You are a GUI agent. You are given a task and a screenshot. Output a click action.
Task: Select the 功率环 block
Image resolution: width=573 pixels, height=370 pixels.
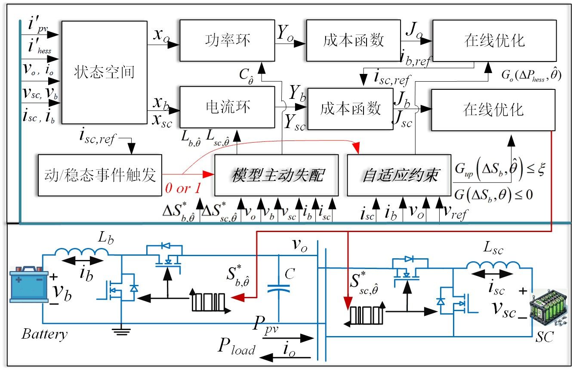click(x=227, y=41)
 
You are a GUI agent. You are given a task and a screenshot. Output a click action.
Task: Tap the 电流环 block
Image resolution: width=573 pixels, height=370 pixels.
click(x=227, y=107)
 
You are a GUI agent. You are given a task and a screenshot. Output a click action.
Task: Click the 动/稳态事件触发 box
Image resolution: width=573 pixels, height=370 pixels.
click(x=100, y=175)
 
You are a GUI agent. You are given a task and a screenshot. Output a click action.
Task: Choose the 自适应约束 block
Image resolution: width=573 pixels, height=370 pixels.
click(x=399, y=175)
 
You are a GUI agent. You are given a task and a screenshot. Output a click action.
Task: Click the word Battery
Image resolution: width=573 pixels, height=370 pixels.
click(x=44, y=334)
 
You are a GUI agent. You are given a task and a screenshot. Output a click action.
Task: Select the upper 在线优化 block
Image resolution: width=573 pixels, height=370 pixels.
click(x=494, y=41)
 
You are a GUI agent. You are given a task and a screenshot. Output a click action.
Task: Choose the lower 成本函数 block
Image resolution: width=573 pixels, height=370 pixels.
click(x=351, y=109)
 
